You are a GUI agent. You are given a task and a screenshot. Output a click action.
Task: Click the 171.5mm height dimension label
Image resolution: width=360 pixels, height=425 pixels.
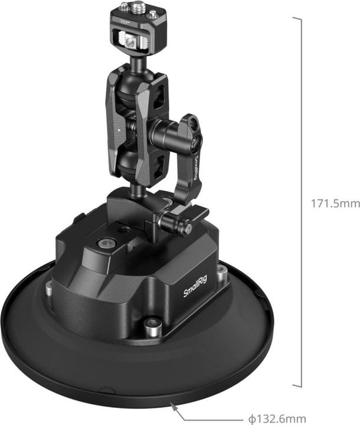coord(335,204)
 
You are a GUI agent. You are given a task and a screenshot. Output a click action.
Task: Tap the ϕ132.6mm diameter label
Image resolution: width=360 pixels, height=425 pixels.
coord(278,419)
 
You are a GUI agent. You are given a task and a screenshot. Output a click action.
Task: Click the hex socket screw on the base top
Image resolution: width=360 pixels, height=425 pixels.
coord(106,242)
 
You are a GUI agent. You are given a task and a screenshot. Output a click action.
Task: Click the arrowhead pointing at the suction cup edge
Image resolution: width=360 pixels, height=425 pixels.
coord(173,405)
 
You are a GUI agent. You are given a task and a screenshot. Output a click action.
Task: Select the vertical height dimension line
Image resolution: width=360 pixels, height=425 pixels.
coord(302,201)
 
